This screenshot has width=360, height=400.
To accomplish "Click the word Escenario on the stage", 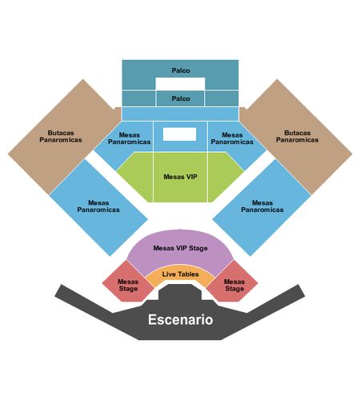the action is pyautogui.click(x=181, y=319).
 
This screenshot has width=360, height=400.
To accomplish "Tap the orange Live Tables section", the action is pyautogui.click(x=180, y=274).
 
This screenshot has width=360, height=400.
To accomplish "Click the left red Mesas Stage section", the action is pyautogui.click(x=128, y=283).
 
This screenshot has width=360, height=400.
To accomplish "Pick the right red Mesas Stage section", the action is pyautogui.click(x=233, y=283).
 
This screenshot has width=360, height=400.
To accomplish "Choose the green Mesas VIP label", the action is pyautogui.click(x=181, y=177).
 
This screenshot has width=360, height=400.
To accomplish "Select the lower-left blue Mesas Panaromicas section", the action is pyautogui.click(x=98, y=207).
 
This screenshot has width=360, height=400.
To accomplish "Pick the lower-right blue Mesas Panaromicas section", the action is pyautogui.click(x=262, y=207).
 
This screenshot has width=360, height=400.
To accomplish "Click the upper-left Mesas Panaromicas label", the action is pyautogui.click(x=130, y=138).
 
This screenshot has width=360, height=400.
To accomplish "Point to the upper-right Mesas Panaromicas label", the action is pyautogui.click(x=232, y=138).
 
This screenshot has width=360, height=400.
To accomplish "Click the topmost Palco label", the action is pyautogui.click(x=181, y=70).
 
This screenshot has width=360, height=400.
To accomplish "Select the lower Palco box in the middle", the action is pyautogui.click(x=180, y=98).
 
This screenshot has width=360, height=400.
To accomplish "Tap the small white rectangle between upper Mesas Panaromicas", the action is pyautogui.click(x=179, y=134).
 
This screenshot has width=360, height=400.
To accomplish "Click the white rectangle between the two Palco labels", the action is pyautogui.click(x=180, y=84).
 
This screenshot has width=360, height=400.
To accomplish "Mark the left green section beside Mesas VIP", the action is pyautogui.click(x=135, y=177).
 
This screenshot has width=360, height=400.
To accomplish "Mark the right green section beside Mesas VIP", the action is pyautogui.click(x=226, y=177).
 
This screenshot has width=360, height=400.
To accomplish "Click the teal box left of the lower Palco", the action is pyautogui.click(x=138, y=98).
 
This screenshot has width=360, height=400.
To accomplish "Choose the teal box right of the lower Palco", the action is pyautogui.click(x=222, y=98).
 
